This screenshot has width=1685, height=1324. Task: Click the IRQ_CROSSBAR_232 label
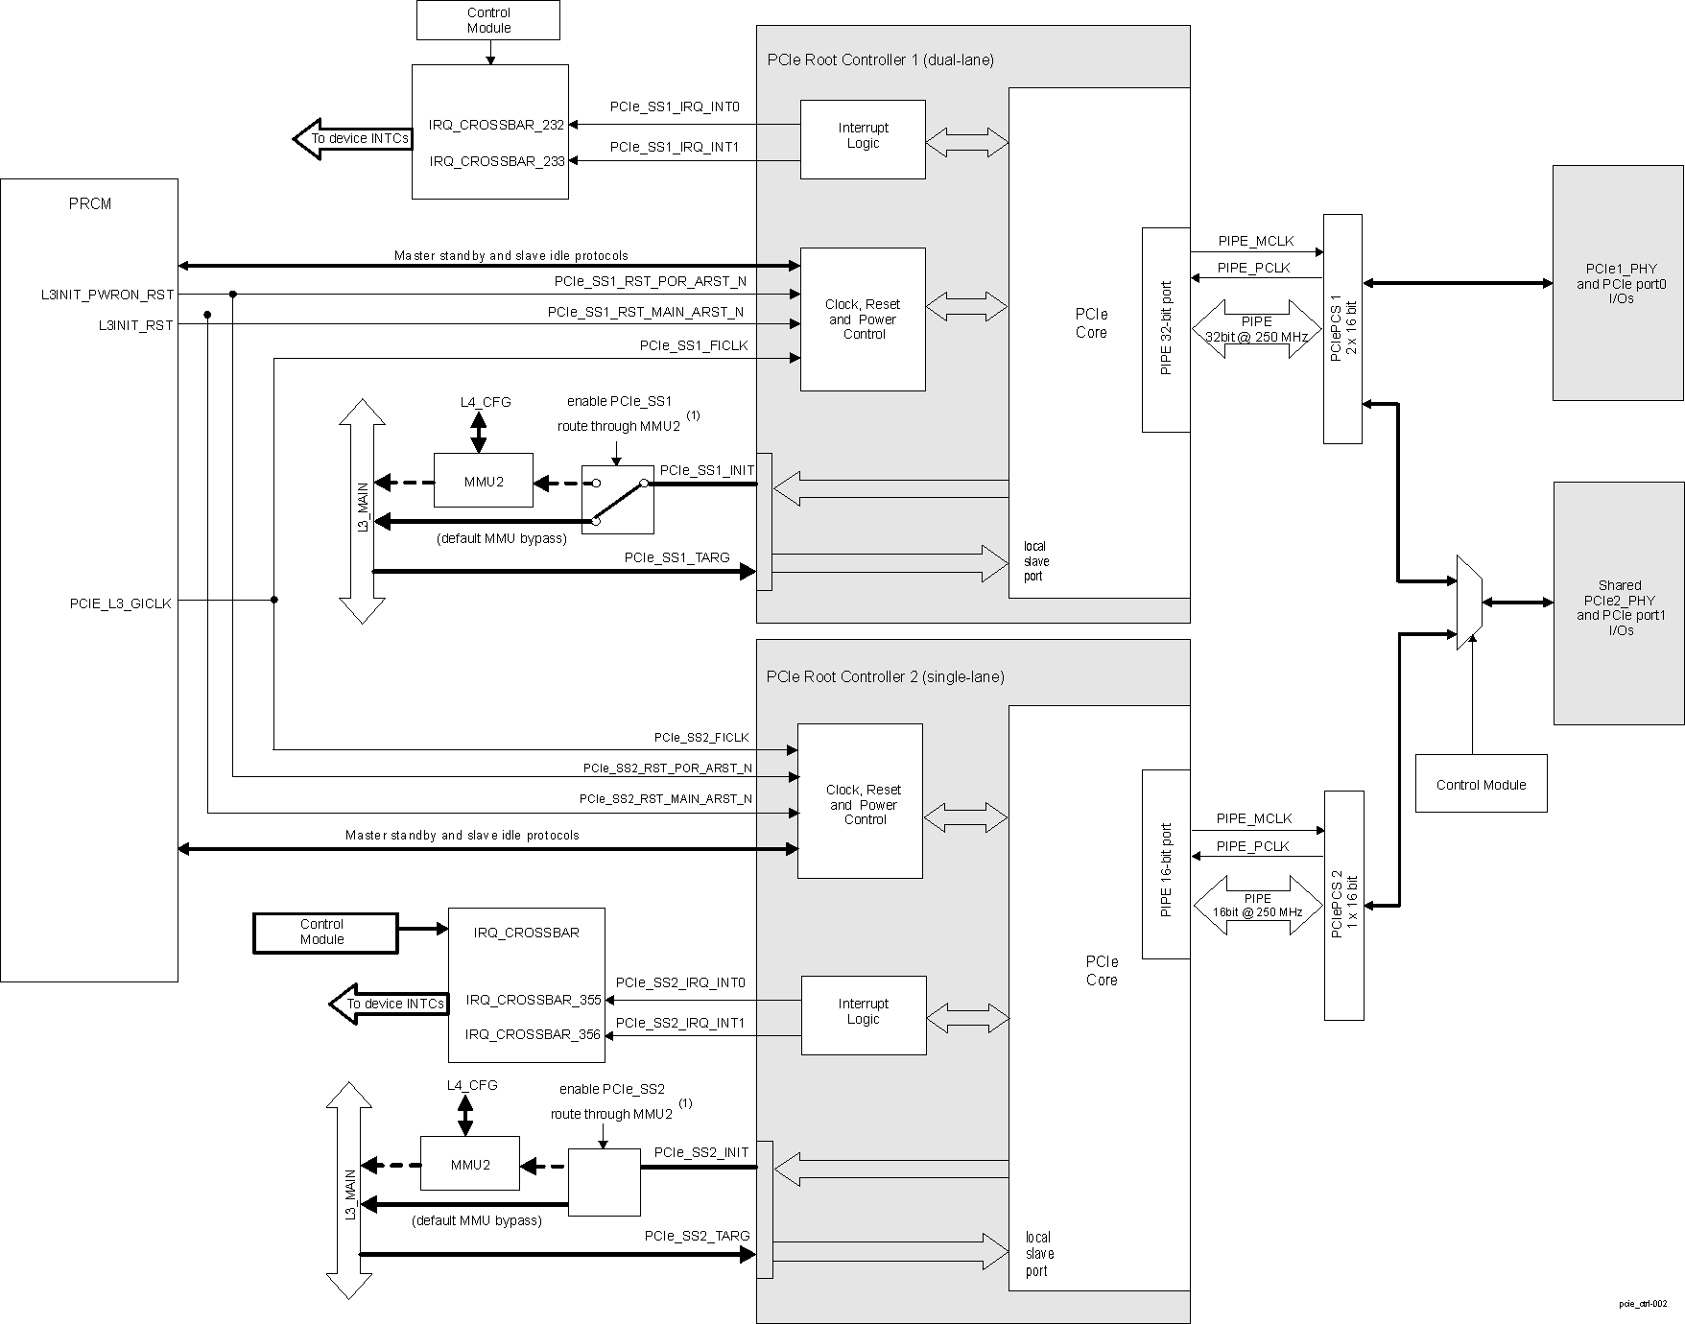tap(496, 125)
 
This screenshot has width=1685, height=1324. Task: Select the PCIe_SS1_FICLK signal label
tap(693, 345)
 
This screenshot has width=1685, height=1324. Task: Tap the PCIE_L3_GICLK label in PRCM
tap(120, 603)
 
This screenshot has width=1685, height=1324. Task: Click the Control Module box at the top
tap(488, 20)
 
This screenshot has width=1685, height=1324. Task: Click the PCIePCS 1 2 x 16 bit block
tap(1342, 329)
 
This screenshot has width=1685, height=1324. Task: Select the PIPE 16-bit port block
tap(1166, 863)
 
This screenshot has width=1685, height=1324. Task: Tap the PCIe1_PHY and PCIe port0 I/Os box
tap(1618, 283)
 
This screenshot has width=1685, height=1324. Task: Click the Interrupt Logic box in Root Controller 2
tap(863, 1015)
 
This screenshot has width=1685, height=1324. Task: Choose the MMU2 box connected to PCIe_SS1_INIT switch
tap(484, 481)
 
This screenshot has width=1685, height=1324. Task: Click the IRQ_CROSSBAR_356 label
tap(533, 1034)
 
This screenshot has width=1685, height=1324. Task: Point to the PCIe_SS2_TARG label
tap(697, 1236)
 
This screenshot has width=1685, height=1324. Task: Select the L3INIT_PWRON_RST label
tap(107, 295)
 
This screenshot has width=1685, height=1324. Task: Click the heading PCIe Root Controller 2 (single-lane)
tap(885, 676)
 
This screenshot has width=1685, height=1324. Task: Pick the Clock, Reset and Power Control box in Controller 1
tap(863, 319)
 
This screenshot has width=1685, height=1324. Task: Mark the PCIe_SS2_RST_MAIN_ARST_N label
tap(665, 798)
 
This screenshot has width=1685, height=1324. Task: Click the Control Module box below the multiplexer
tap(1481, 784)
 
